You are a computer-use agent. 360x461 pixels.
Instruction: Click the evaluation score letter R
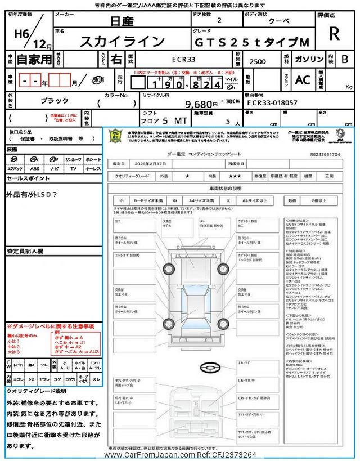click(x=334, y=34)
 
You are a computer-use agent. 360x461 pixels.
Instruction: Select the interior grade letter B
click(x=344, y=59)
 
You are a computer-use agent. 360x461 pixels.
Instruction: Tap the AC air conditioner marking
click(x=303, y=80)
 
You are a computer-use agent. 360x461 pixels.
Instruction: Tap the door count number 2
click(x=219, y=20)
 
